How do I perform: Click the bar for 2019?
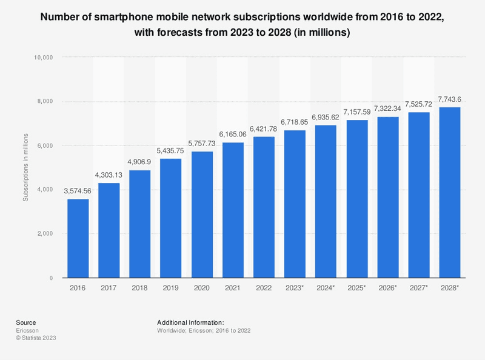171,218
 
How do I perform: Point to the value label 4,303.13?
109,175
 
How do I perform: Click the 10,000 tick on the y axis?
43,58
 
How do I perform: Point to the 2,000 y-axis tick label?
45,234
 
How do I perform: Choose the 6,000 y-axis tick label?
45,145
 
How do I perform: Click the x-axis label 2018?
140,288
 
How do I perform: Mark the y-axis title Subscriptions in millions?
25,167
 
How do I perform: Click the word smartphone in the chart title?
133,17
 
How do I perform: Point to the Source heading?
26,322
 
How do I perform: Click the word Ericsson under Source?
27,330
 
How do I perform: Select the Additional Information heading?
190,322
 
